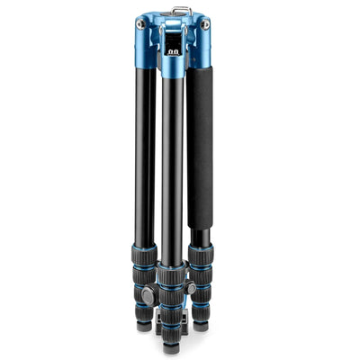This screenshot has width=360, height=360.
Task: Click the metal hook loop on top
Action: (x=182, y=10)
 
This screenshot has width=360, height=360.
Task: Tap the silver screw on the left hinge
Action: (x=140, y=25)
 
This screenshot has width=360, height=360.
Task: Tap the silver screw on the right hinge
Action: (x=206, y=25)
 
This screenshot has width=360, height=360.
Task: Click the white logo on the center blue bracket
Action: (x=173, y=52)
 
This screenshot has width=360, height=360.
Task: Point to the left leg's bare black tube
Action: (x=145, y=153)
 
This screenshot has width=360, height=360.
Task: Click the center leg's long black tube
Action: (x=172, y=171)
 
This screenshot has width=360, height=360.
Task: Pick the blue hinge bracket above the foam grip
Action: (x=200, y=49)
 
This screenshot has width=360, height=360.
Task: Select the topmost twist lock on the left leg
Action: (x=144, y=256)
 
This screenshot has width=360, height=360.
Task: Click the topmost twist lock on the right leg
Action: (x=201, y=256)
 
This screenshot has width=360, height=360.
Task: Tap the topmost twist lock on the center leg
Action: (x=171, y=274)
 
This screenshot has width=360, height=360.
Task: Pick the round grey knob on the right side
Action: (x=191, y=288)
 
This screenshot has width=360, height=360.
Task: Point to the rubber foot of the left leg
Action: (x=145, y=325)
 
